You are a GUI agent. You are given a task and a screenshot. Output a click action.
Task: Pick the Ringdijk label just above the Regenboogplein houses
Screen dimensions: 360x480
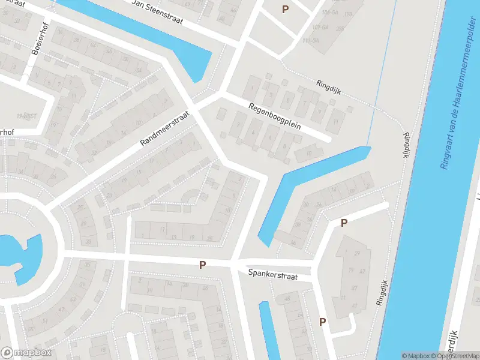click(x=328, y=86)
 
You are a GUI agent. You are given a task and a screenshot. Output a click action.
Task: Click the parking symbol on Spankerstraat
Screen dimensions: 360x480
click(x=203, y=265)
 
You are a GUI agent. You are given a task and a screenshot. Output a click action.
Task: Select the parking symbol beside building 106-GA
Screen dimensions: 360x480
click(x=285, y=9)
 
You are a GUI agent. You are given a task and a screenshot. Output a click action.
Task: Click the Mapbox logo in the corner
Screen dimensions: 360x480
click(x=26, y=353)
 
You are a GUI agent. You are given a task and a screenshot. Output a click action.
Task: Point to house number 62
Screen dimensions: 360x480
click(x=93, y=44)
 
